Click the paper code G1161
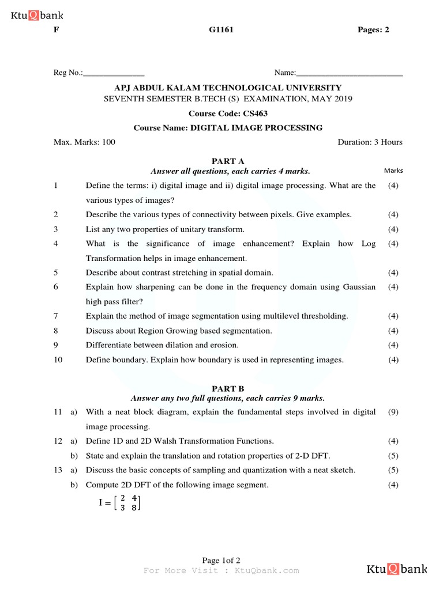[x=221, y=30]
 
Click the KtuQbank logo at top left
[x=37, y=16]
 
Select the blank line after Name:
[x=349, y=73]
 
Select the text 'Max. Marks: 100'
[x=84, y=142]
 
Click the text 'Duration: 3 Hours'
[x=369, y=142]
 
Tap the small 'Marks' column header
[x=393, y=171]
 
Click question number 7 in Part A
[x=56, y=316]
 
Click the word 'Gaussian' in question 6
[x=358, y=286]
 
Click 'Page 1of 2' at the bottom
[x=221, y=560]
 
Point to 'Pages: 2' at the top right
[x=373, y=30]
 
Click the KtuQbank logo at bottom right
[x=397, y=570]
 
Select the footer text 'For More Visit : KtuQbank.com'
[x=221, y=570]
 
